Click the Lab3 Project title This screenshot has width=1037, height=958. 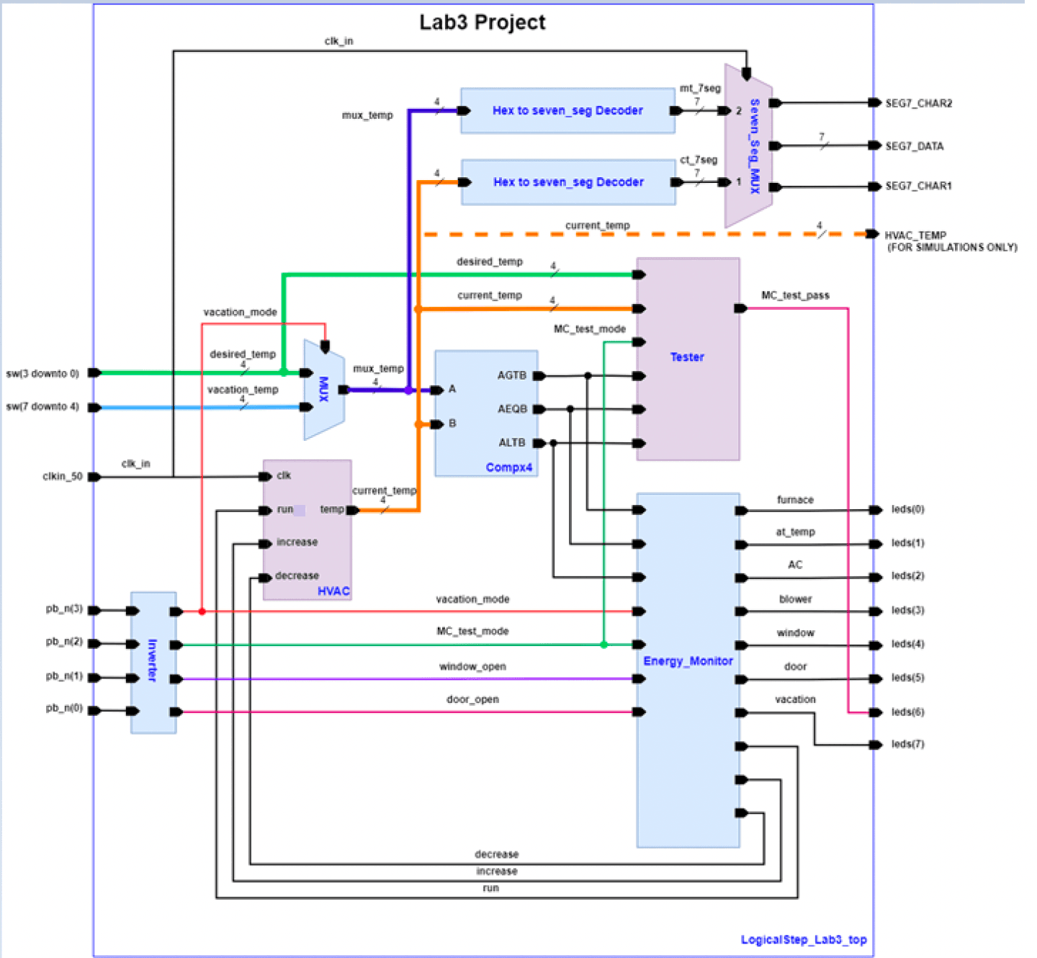(x=482, y=22)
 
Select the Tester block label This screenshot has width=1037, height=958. (x=687, y=357)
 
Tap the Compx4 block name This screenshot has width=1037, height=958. (x=508, y=467)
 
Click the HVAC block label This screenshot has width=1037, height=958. (x=333, y=591)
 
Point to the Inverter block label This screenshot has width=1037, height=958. (x=153, y=660)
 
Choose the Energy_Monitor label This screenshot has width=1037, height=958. (x=688, y=661)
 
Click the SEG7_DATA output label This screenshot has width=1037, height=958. (x=914, y=146)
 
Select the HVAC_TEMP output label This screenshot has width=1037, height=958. (x=915, y=236)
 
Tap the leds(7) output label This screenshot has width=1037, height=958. (x=907, y=744)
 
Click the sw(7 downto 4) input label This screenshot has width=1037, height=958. (x=42, y=407)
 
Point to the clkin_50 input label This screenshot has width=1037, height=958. (x=63, y=477)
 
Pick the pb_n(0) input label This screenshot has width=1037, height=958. (x=64, y=709)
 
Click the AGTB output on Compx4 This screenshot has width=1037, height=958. (x=512, y=375)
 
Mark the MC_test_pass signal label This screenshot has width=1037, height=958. (x=795, y=295)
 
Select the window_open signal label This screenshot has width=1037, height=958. (x=472, y=667)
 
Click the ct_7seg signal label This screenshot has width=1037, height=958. (x=699, y=160)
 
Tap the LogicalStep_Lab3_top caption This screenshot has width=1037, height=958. (x=804, y=940)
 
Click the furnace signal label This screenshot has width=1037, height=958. (x=795, y=500)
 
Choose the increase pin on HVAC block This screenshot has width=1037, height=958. (x=297, y=542)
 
